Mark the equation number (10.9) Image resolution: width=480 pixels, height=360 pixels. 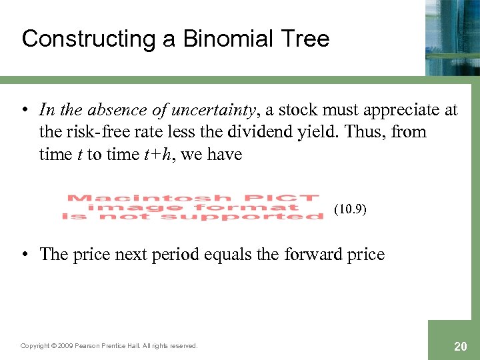point(350,209)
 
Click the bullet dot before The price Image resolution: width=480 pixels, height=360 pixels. point(25,254)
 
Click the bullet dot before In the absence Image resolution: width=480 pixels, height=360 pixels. point(25,109)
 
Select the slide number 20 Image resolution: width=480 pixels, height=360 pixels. point(460,346)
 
